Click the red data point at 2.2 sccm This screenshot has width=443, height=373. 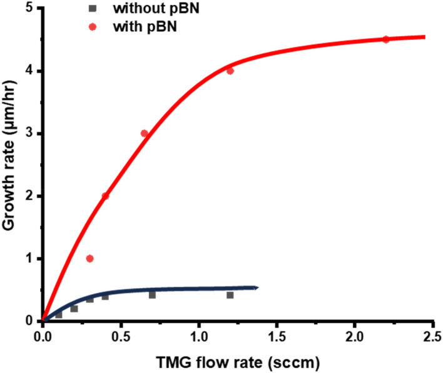tap(385, 39)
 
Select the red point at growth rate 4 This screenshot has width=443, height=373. tap(230, 71)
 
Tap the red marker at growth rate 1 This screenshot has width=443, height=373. tap(89, 258)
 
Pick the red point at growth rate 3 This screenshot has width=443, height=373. tap(145, 133)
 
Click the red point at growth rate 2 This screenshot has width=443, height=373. tap(105, 196)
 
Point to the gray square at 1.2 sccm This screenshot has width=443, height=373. tap(230, 295)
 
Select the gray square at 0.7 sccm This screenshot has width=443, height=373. tap(152, 295)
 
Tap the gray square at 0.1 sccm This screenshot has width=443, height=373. tap(59, 315)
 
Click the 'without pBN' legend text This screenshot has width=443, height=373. tap(146, 9)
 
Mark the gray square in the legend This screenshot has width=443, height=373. tap(92, 9)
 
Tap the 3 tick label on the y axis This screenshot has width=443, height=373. tap(31, 134)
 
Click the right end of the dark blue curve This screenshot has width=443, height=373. tap(257, 288)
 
